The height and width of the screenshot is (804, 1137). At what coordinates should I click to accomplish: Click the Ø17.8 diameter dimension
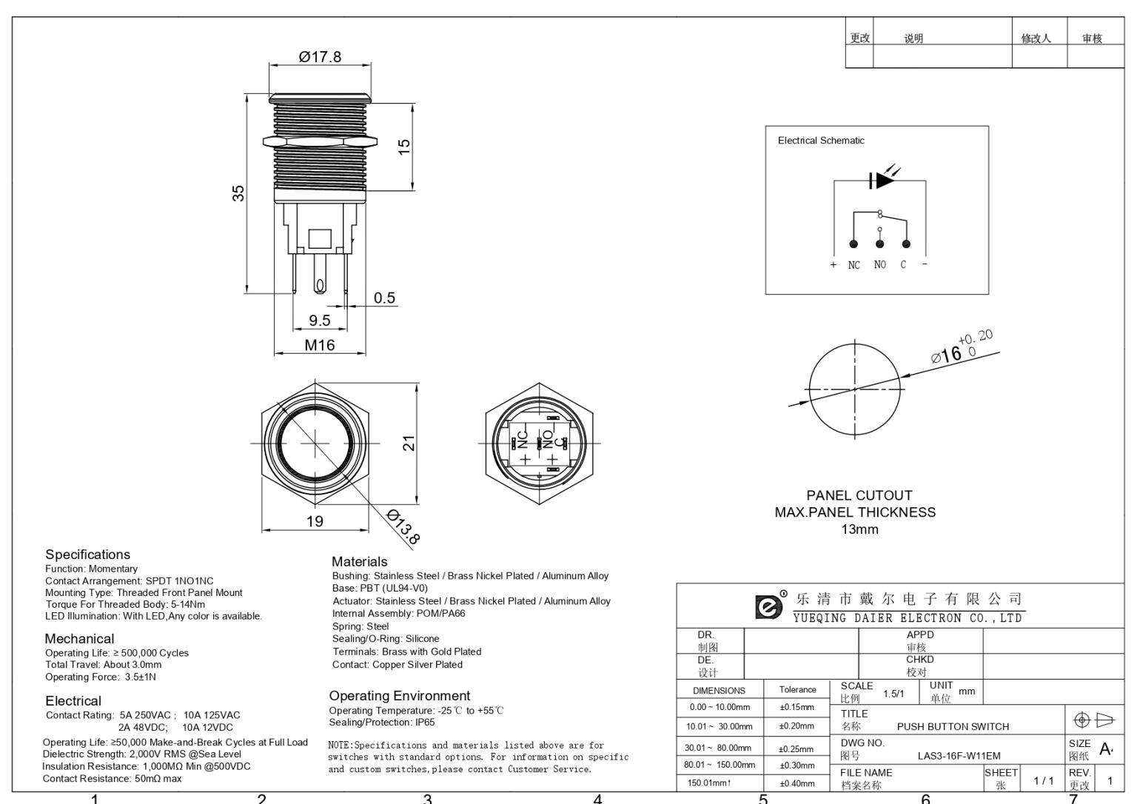click(x=320, y=57)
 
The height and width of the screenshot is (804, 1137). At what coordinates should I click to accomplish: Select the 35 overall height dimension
click(x=238, y=192)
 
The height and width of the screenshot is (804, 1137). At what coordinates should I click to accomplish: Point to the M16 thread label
click(x=320, y=345)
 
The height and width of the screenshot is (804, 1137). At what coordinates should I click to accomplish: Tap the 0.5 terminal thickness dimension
click(x=384, y=298)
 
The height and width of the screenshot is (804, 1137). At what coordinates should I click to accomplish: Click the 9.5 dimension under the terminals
click(x=319, y=321)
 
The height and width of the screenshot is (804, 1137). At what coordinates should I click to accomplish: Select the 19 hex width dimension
click(x=315, y=521)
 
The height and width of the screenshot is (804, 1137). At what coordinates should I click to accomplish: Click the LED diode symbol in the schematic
click(x=880, y=180)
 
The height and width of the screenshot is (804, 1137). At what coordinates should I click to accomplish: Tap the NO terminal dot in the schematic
click(x=879, y=244)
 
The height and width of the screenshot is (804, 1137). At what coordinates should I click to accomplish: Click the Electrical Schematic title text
click(x=821, y=141)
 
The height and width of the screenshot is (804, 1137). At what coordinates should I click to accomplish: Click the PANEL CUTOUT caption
click(x=859, y=495)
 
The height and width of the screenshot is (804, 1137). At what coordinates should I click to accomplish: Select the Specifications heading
click(x=87, y=555)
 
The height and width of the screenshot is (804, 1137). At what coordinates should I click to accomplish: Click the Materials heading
click(x=359, y=562)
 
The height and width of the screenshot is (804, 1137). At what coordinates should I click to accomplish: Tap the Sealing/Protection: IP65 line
click(x=382, y=723)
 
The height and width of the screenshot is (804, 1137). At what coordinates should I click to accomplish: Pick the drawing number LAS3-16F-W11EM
click(x=959, y=756)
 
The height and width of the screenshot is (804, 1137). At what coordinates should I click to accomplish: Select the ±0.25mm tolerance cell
click(x=796, y=748)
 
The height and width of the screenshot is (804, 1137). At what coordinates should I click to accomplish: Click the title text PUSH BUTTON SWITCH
click(x=953, y=726)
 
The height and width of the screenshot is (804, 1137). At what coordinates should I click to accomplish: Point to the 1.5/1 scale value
click(x=893, y=694)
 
